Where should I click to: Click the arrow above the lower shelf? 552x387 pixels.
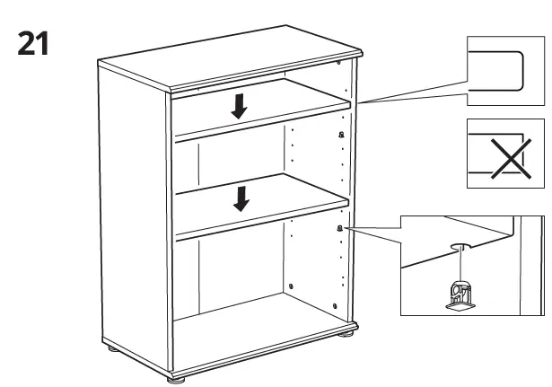tap(240, 198)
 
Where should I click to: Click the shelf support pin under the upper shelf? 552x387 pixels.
tap(341, 134)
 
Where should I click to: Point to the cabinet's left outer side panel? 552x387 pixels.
tap(135, 215)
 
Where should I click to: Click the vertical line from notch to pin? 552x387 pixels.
tap(458, 265)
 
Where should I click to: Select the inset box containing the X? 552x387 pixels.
tap(505, 153)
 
